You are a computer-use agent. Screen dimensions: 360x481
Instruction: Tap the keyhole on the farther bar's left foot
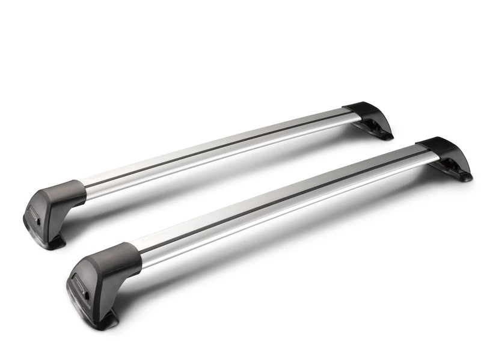pos(40,221)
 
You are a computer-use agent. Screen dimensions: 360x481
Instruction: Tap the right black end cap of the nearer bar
pos(442,149)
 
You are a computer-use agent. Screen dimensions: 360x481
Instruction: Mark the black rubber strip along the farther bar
pos(216,147)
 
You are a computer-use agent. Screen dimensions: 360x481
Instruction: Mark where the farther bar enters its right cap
pos(348,114)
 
